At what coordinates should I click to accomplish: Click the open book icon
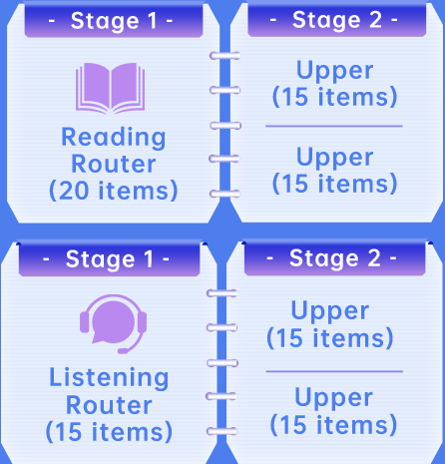[x=110, y=88]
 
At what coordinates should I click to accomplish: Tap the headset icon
[x=113, y=324]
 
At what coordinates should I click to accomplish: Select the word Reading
[x=114, y=137]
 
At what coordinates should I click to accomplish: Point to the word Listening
[x=109, y=377]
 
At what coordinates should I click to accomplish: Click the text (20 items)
[x=114, y=191]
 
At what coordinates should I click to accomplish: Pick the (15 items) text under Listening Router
[x=109, y=432]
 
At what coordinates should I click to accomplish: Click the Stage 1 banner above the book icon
[x=114, y=21]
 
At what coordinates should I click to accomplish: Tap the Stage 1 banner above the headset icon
[x=109, y=258]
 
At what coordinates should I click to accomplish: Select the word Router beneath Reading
[x=114, y=164]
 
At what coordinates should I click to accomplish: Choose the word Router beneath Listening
[x=109, y=405]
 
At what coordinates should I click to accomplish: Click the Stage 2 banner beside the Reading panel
[x=336, y=20]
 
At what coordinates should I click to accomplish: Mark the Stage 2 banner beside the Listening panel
[x=334, y=258]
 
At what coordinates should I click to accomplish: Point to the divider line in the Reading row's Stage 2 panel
[x=334, y=126]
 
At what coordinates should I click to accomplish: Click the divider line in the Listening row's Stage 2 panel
[x=334, y=371]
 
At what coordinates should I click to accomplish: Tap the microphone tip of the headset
[x=123, y=351]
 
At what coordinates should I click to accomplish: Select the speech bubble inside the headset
[x=113, y=322]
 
